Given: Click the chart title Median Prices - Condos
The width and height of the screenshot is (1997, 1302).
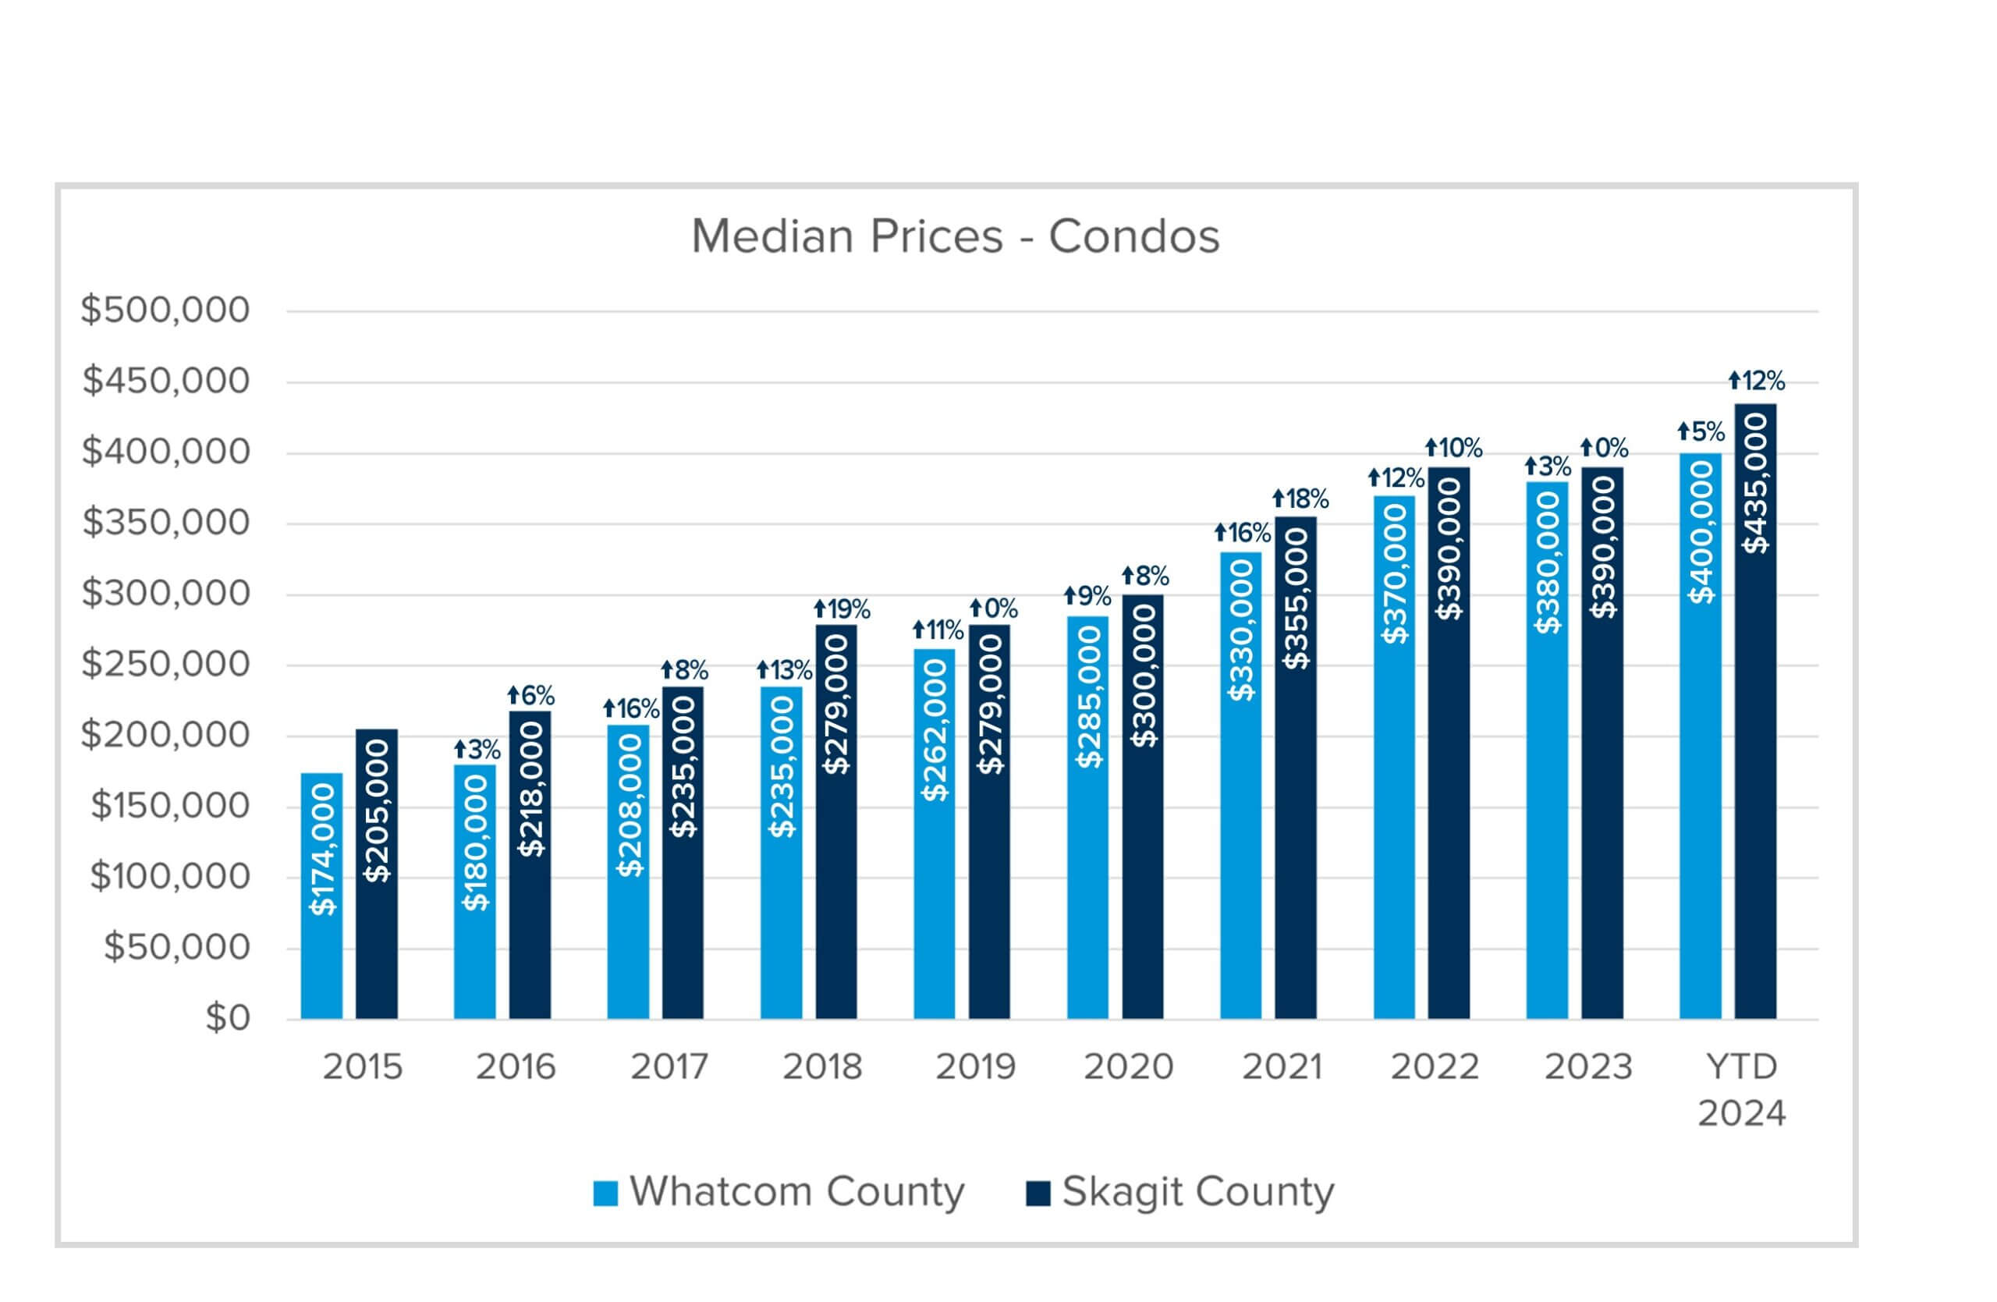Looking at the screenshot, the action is click(955, 236).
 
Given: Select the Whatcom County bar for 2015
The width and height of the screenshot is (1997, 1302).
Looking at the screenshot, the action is click(321, 896).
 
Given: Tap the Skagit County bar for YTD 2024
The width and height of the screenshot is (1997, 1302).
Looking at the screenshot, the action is click(1755, 711).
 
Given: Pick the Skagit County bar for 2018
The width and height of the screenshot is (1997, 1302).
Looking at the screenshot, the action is click(835, 822).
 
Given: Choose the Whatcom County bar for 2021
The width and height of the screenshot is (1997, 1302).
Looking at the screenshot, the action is click(1241, 786).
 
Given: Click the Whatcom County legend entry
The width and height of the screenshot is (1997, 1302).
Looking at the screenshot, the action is click(779, 1192).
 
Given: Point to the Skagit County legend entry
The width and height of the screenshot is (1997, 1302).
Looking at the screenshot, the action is click(1179, 1192).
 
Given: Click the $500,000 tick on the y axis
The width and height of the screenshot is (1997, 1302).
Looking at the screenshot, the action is click(165, 310).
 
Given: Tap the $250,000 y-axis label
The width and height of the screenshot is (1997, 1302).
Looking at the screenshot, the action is click(165, 665).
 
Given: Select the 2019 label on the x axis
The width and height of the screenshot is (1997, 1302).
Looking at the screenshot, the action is click(975, 1067).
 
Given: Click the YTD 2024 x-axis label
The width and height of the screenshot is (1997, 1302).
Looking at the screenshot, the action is click(1742, 1091).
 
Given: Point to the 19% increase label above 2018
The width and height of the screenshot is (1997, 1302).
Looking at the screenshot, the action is click(842, 609).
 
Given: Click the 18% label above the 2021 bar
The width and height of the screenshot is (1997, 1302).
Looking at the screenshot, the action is click(1300, 499).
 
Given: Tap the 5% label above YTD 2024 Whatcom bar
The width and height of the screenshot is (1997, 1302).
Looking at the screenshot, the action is click(1701, 432).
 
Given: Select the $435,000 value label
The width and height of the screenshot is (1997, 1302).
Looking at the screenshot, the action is click(1755, 484).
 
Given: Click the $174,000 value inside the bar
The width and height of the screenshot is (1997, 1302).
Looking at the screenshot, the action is click(322, 849).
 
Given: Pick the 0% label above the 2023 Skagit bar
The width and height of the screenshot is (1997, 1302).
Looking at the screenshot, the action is click(1605, 448).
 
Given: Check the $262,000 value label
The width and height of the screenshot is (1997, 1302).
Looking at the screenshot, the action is click(934, 730).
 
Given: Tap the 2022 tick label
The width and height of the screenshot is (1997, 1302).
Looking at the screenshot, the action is click(1435, 1067).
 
